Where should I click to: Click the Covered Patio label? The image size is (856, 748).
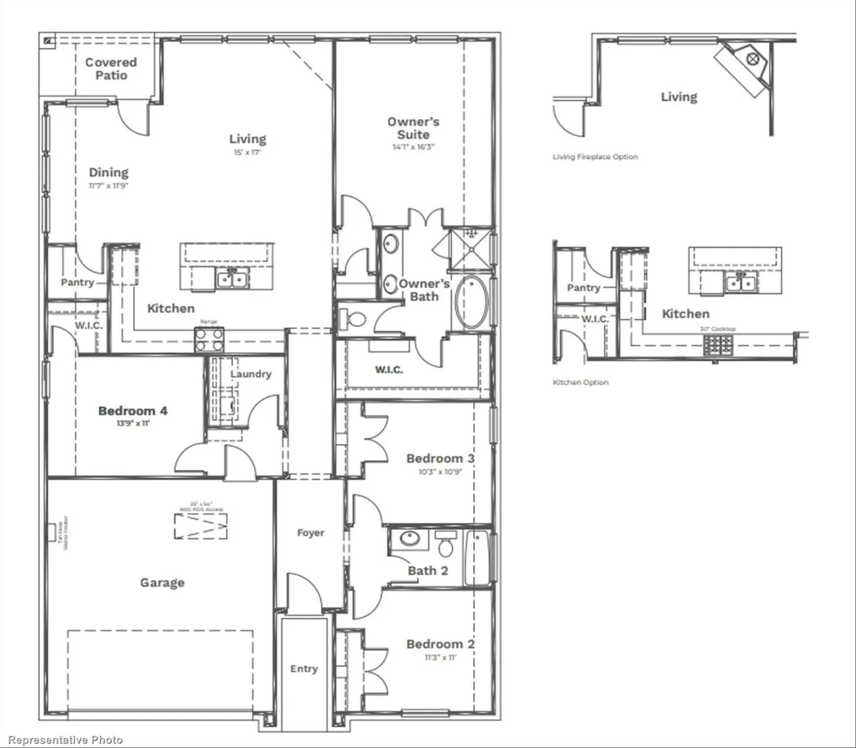click(111, 69)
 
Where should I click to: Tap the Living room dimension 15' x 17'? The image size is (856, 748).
click(247, 152)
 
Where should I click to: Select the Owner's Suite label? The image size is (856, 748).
click(413, 128)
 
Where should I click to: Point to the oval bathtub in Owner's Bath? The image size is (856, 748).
click(472, 303)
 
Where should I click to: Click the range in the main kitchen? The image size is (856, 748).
click(209, 340)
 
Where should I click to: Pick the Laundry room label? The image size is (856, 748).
click(251, 374)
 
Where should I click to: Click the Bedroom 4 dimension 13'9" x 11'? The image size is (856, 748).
click(133, 423)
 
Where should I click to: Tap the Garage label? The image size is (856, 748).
click(162, 582)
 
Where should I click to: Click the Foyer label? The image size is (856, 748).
click(310, 533)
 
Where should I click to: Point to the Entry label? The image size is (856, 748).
click(304, 668)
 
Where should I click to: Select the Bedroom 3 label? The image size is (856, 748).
click(440, 458)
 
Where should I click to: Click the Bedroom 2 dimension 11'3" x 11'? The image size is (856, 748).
click(440, 657)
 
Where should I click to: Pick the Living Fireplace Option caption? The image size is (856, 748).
click(595, 157)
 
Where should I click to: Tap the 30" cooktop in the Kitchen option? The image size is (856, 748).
click(717, 344)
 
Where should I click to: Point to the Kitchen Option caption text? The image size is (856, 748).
click(580, 382)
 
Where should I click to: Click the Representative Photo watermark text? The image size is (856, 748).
click(65, 740)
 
